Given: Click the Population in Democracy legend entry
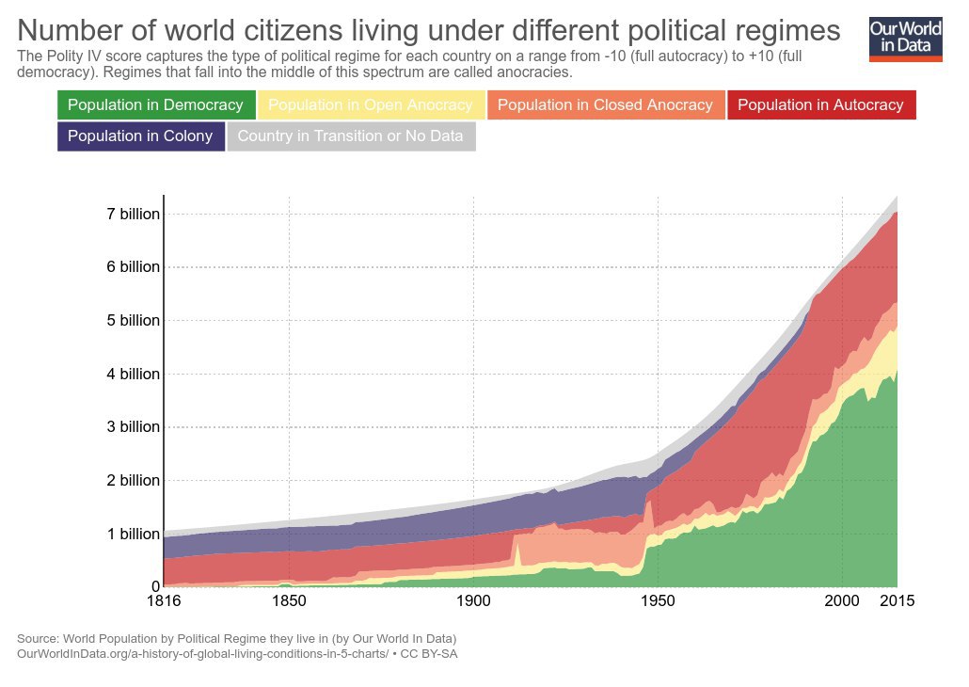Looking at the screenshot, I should [156, 105].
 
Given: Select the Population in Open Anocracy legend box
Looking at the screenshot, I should [371, 105].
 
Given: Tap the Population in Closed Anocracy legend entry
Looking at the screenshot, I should [605, 105].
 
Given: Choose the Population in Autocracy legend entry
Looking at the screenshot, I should [821, 105].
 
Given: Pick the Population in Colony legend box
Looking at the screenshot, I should [140, 136].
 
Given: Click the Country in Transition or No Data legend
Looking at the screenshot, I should [350, 136].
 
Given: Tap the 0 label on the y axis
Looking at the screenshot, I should [155, 587].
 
